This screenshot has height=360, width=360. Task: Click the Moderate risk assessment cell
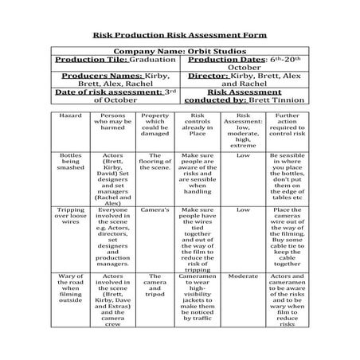pyautogui.click(x=243, y=276)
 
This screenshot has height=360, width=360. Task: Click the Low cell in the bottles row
pyautogui.click(x=243, y=156)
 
